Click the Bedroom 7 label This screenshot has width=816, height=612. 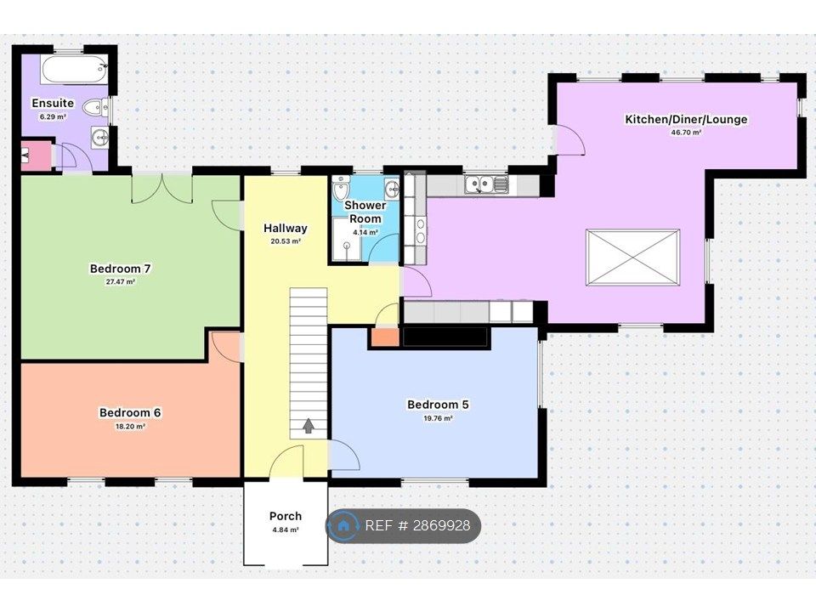[120, 269]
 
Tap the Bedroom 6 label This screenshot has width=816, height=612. [130, 413]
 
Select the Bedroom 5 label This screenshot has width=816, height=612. [438, 405]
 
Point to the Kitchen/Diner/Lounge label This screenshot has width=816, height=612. [686, 119]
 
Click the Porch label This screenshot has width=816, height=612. [285, 516]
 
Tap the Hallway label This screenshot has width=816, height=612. [285, 228]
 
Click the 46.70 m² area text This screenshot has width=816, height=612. [686, 133]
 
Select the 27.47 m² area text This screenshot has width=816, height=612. [120, 282]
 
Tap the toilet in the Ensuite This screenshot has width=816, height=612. [100, 106]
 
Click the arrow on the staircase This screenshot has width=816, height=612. [308, 425]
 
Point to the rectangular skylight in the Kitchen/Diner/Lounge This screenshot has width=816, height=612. [632, 257]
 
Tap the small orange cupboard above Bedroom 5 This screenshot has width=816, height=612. [384, 337]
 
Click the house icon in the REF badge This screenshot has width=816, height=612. [344, 526]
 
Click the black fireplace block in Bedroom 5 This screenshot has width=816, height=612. [445, 337]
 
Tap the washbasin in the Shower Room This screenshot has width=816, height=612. [391, 189]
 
